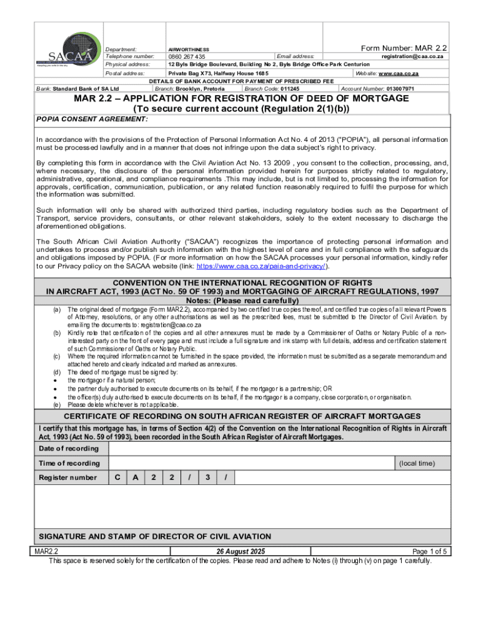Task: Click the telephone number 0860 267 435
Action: (x=187, y=57)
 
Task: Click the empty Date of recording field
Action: (x=278, y=449)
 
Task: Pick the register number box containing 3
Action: (x=207, y=477)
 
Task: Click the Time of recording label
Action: (x=69, y=463)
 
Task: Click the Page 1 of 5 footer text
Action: (x=430, y=552)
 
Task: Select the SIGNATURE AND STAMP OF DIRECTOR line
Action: (x=155, y=536)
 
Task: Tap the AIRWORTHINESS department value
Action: (x=189, y=49)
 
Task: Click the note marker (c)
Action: (x=57, y=356)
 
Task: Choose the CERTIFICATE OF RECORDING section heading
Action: (x=242, y=417)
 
